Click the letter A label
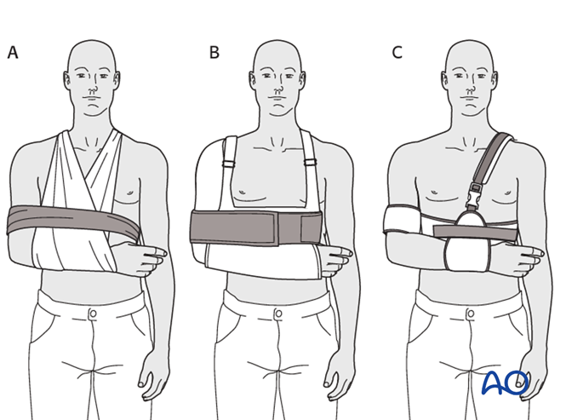[x=13, y=53]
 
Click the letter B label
[x=214, y=53]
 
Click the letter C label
[x=397, y=53]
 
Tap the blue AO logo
[x=505, y=383]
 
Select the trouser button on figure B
[x=278, y=313]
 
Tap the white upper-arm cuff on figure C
[x=398, y=219]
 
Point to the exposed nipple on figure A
[x=129, y=193]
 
